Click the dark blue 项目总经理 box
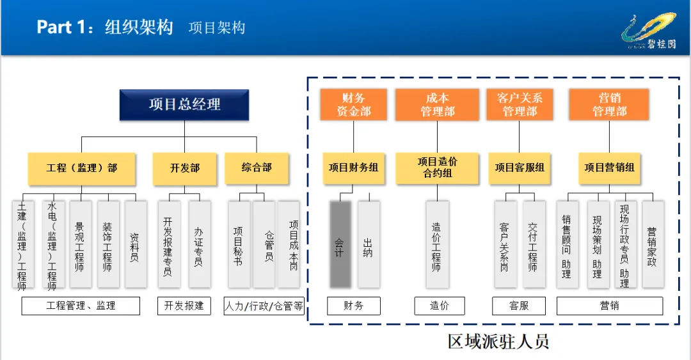click(184, 105)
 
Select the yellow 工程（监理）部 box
click(82, 168)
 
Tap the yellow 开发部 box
click(184, 168)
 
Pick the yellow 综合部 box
click(257, 168)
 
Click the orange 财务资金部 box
click(353, 105)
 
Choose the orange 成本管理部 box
click(437, 105)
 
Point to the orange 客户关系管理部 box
click(519, 105)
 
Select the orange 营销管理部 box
click(609, 105)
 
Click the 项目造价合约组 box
click(437, 168)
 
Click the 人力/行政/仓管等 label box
click(264, 306)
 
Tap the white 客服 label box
click(519, 306)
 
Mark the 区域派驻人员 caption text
click(498, 341)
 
